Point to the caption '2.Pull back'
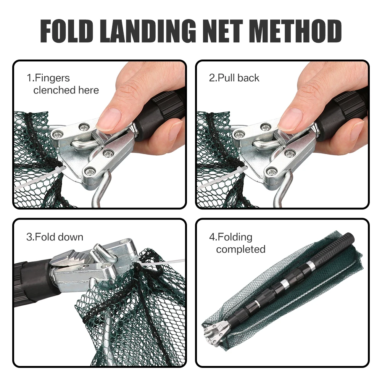pos(234,78)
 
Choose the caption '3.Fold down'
pos(55,237)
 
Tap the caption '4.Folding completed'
pos(237,243)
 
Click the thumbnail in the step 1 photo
pos(111,116)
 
